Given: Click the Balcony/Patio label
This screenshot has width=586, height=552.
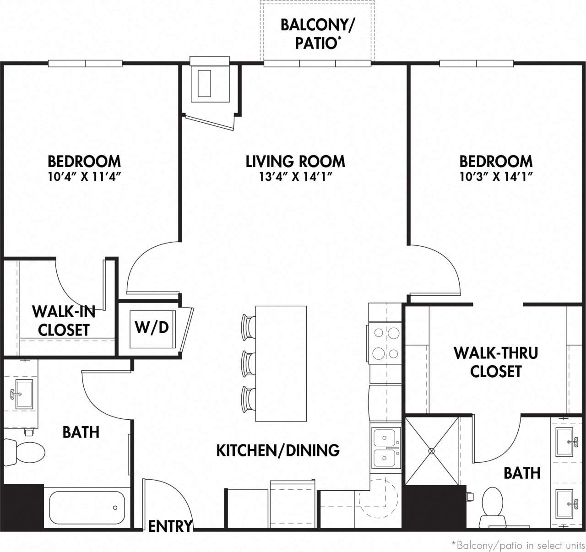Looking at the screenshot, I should pos(317,33).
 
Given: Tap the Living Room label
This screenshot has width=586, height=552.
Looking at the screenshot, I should pos(295,161).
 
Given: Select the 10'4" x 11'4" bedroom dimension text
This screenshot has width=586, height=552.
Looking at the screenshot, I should pos(84,177).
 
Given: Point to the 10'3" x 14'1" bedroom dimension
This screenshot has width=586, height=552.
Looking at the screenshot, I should pos(496,177).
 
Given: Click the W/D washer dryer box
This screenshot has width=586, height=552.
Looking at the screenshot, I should pos(152,328).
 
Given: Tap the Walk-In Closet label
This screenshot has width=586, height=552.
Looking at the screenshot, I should pos(63,320).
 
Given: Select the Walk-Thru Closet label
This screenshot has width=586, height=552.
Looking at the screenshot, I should pos(496,362).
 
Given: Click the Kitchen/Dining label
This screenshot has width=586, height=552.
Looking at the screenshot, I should pos(278,450).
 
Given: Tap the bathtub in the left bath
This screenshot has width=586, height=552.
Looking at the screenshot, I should pos(87,507).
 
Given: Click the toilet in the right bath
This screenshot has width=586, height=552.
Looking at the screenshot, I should pos(493,506).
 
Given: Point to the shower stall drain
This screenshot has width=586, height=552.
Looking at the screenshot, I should pos(431,451).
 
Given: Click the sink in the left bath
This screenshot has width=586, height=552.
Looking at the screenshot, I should pos(24,394).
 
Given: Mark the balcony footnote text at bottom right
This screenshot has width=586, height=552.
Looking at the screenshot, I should pos(517,545).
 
